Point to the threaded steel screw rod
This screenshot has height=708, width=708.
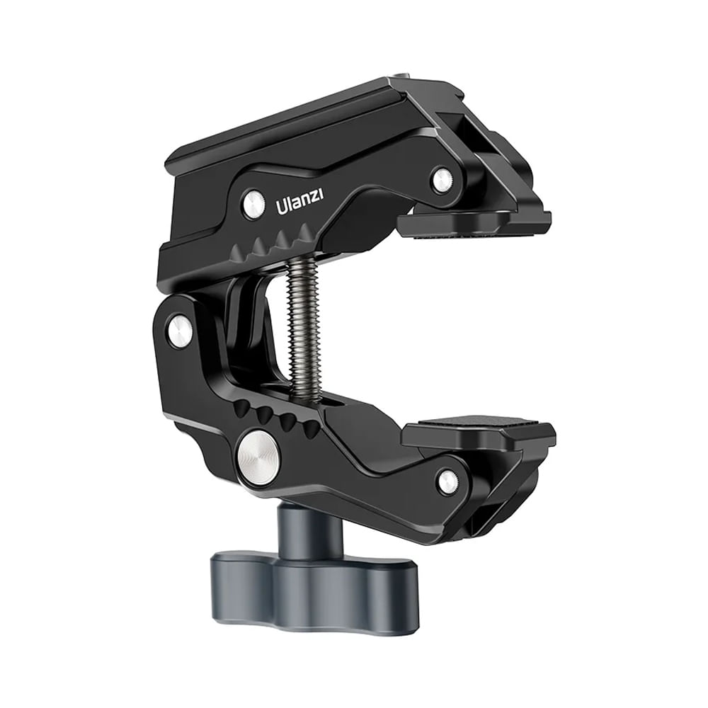point(304,330)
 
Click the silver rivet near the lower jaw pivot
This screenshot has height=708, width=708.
point(450,481)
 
